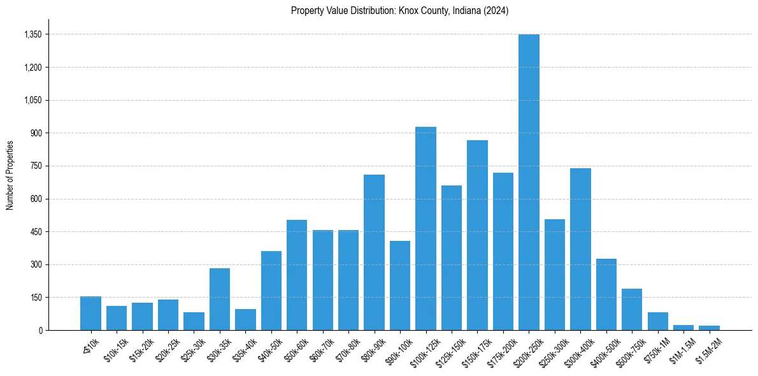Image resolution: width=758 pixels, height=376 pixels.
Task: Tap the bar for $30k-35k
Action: (x=220, y=299)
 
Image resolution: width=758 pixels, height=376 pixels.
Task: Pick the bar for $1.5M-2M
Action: (x=709, y=328)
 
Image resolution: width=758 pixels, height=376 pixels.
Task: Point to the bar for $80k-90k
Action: (x=374, y=252)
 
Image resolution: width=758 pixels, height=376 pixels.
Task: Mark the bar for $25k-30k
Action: (x=194, y=321)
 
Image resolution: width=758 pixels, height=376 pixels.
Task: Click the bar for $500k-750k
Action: (x=632, y=309)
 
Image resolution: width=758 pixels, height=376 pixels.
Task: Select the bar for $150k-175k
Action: (x=477, y=235)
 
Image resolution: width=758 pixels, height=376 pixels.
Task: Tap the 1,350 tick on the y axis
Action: (x=32, y=34)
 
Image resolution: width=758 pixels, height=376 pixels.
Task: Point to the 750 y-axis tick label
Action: (x=36, y=166)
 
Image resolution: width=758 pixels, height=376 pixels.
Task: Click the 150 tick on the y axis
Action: (x=36, y=298)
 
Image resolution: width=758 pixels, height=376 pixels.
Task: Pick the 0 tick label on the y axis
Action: (x=39, y=330)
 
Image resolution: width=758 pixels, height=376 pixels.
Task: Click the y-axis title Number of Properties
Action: (x=10, y=175)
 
